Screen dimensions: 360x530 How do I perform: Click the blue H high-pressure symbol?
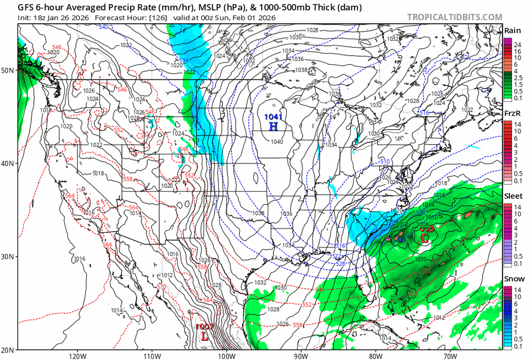click(x=273, y=126)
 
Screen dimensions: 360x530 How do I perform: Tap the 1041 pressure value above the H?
click(x=273, y=117)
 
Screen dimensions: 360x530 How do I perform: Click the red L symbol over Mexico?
click(x=205, y=336)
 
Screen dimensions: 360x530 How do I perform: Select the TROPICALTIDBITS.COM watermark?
click(x=454, y=17)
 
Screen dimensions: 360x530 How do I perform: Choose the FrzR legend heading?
click(x=511, y=113)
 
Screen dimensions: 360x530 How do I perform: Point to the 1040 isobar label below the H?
click(x=276, y=142)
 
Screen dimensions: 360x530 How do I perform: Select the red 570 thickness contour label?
click(x=162, y=287)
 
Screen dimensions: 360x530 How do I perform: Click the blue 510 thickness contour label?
click(x=385, y=161)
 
